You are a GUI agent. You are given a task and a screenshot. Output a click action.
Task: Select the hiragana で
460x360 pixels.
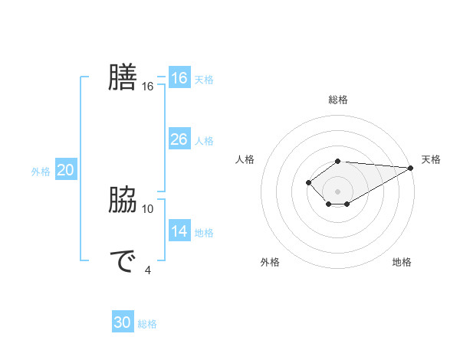123,262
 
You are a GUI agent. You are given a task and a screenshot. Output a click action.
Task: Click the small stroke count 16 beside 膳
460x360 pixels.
148,87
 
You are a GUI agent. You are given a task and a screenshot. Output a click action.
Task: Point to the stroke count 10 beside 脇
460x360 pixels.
148,208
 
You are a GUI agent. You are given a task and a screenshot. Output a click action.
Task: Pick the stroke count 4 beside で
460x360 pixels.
148,269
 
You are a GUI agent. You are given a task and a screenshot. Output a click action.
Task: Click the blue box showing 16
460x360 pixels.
179,78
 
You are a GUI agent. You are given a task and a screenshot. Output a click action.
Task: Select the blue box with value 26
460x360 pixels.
179,139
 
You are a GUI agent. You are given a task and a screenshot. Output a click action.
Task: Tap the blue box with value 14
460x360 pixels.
179,231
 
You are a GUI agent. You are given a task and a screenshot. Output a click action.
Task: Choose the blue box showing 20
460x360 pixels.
65,170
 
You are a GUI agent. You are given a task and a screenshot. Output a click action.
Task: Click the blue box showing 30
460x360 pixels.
123,322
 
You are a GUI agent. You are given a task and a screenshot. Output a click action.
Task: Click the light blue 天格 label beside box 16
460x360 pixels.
203,80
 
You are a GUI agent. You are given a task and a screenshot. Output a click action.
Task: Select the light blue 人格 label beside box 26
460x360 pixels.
203,141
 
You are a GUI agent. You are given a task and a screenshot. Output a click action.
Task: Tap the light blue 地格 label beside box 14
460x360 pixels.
203,233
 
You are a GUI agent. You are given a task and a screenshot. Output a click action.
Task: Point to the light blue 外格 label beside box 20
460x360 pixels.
41,172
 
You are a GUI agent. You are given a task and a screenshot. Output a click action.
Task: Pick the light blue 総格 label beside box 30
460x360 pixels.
147,324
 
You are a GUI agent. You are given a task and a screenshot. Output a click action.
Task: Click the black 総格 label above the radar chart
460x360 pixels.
337,100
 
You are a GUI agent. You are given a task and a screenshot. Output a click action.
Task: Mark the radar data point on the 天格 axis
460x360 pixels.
412,168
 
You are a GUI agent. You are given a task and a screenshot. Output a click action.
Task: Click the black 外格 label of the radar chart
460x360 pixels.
270,262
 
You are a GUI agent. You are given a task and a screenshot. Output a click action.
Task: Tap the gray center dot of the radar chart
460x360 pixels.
337,191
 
